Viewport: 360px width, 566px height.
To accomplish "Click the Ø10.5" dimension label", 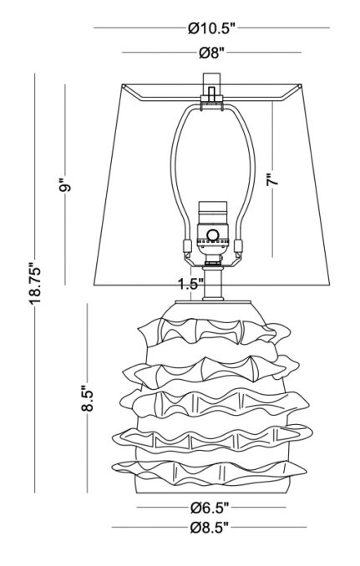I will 212,28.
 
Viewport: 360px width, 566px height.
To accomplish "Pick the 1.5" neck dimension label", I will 190,284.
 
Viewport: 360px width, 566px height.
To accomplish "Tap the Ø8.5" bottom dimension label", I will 210,528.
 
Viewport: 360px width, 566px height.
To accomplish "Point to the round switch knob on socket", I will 213,235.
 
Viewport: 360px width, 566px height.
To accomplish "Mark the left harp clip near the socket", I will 186,244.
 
